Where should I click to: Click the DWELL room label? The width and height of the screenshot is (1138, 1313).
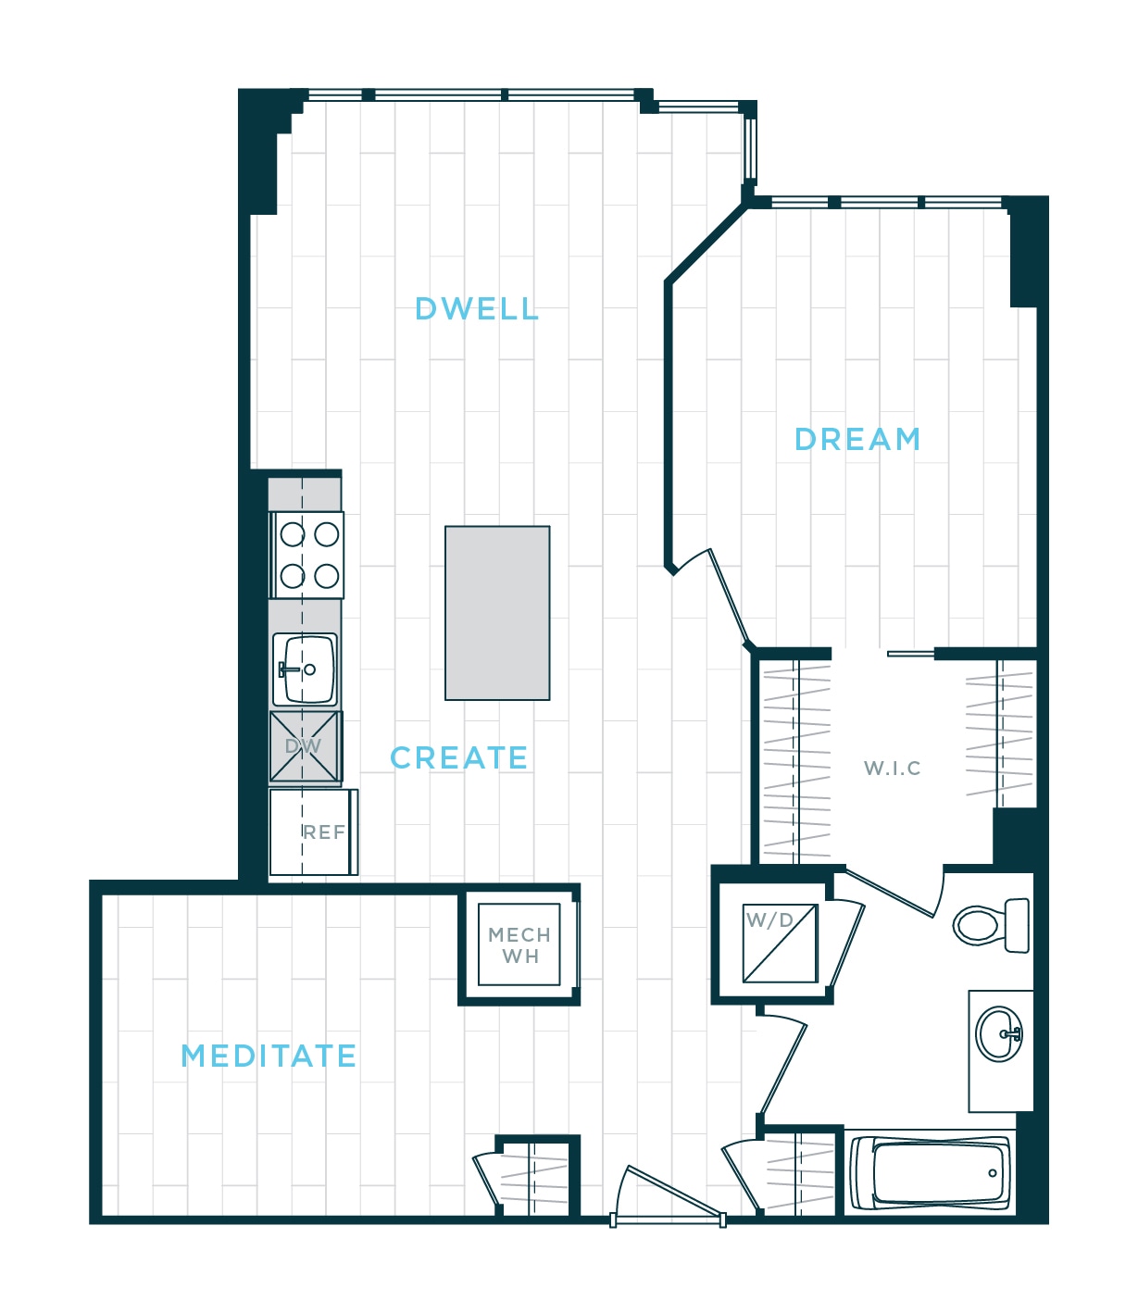[477, 309]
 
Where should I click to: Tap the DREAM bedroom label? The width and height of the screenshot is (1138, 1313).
[857, 440]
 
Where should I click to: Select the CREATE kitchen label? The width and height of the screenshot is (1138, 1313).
[458, 757]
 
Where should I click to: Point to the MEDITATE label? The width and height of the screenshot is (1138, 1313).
[269, 1057]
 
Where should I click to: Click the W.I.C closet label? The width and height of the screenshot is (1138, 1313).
[892, 769]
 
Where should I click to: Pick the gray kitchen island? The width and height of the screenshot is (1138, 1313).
[497, 613]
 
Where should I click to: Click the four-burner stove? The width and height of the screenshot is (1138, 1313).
[306, 556]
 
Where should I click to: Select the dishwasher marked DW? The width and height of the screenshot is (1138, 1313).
[306, 746]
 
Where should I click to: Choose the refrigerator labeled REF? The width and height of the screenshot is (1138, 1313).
[314, 832]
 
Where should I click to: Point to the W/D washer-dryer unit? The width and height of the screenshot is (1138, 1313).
[781, 944]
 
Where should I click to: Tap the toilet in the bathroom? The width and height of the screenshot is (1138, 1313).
[991, 926]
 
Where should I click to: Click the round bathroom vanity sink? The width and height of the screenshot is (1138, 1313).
[999, 1034]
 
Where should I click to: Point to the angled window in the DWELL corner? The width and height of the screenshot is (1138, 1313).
[750, 149]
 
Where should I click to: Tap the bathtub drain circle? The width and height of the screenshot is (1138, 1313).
[993, 1173]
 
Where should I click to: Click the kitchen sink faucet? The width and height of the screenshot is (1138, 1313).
[288, 669]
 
